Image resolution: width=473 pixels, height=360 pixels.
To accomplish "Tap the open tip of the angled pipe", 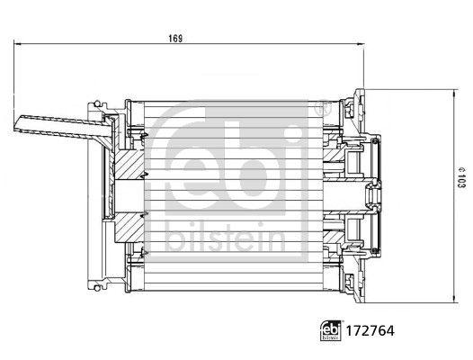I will click(x=19, y=123).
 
